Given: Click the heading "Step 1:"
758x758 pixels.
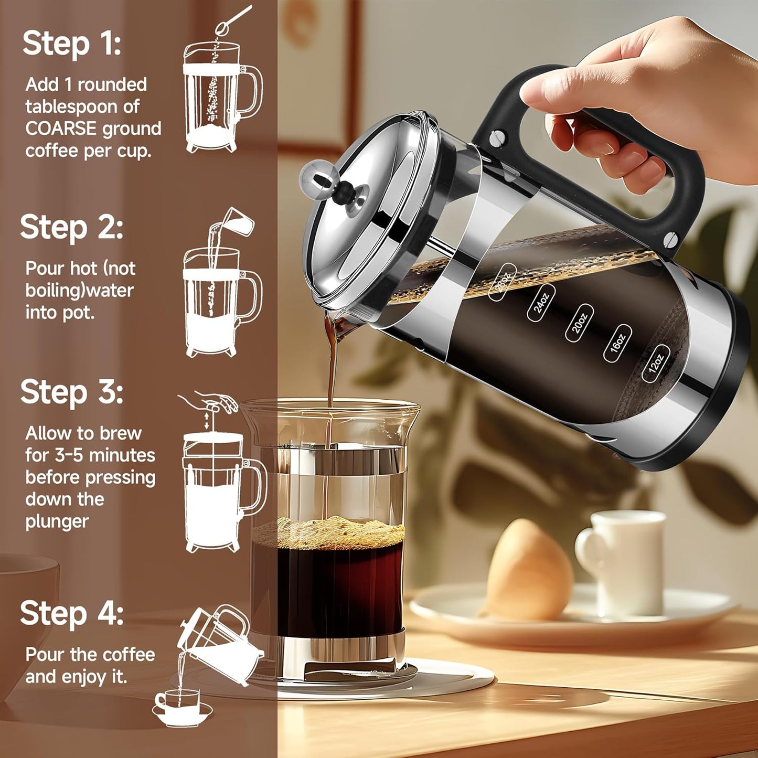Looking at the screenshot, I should (72, 44).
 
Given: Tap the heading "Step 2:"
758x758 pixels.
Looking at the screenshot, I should (72, 228).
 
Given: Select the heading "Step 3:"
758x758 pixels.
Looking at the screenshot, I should (72, 392).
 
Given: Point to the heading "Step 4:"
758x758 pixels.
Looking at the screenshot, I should (72, 613).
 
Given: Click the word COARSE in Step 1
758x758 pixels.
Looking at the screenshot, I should (61, 129).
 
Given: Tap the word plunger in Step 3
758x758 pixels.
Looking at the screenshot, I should (57, 522).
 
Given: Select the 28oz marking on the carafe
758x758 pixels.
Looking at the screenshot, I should (502, 282).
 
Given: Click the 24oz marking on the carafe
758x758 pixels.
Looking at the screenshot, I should (541, 303).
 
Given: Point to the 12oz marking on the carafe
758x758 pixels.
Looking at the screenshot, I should (656, 364).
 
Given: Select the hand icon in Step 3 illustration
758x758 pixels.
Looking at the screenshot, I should (215, 401).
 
